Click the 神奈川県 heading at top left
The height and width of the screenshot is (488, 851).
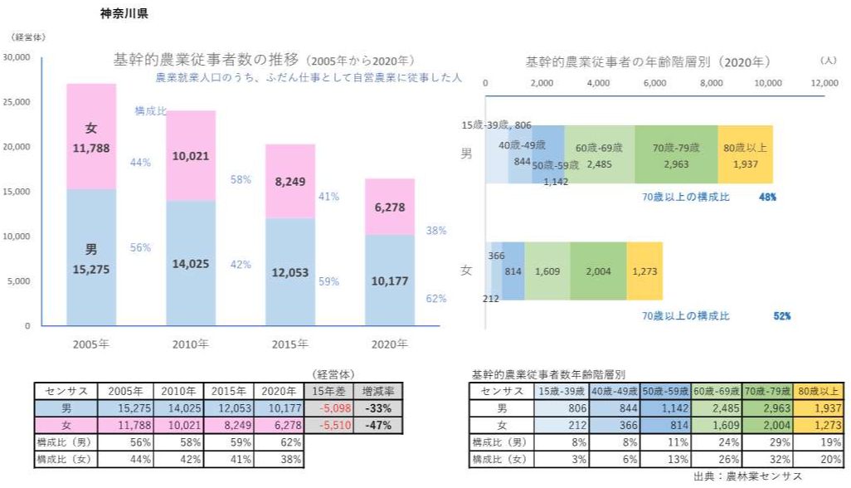124,14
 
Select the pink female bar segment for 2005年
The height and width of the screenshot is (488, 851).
91,137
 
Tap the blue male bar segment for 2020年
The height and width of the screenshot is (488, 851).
389,281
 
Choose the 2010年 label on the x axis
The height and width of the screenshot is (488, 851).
190,344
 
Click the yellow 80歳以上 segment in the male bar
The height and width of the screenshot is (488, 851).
745,154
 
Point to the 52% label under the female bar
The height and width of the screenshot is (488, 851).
781,316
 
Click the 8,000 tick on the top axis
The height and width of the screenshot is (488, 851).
711,84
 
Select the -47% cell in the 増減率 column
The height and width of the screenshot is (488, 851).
377,424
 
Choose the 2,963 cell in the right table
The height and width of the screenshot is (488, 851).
768,407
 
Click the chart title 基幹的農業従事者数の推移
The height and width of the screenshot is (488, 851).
207,60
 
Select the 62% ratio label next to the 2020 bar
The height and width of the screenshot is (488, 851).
435,298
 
